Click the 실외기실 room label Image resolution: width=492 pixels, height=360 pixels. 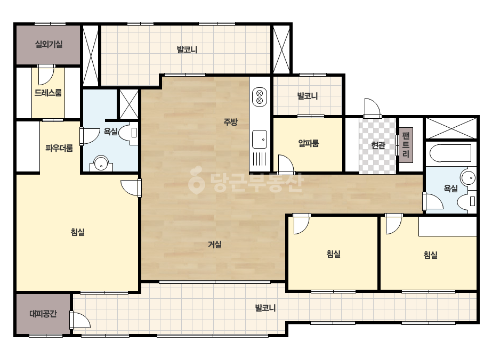pyautogui.click(x=49, y=44)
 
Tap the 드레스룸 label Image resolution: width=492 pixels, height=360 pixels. pyautogui.click(x=48, y=93)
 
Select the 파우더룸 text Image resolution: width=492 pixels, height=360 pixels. pyautogui.click(x=59, y=148)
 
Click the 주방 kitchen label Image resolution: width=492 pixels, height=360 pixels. pyautogui.click(x=231, y=122)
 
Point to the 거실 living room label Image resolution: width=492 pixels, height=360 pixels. pyautogui.click(x=215, y=244)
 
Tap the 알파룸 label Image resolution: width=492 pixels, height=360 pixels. pyautogui.click(x=309, y=143)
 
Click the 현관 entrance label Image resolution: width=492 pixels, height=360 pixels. pyautogui.click(x=378, y=145)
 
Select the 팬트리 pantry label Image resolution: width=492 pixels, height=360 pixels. pyautogui.click(x=406, y=145)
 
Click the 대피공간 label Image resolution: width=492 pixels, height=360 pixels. pyautogui.click(x=43, y=314)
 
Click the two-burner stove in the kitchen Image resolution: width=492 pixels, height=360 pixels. pyautogui.click(x=260, y=96)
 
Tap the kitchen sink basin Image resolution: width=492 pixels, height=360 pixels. pyautogui.click(x=260, y=139)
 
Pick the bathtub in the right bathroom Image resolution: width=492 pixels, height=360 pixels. pyautogui.click(x=450, y=153)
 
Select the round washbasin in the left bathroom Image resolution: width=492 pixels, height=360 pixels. pyautogui.click(x=101, y=163)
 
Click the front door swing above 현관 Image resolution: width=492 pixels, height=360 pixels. pyautogui.click(x=372, y=108)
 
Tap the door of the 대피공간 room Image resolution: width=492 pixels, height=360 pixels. pyautogui.click(x=80, y=320)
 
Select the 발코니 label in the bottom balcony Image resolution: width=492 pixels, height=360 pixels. pyautogui.click(x=265, y=308)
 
